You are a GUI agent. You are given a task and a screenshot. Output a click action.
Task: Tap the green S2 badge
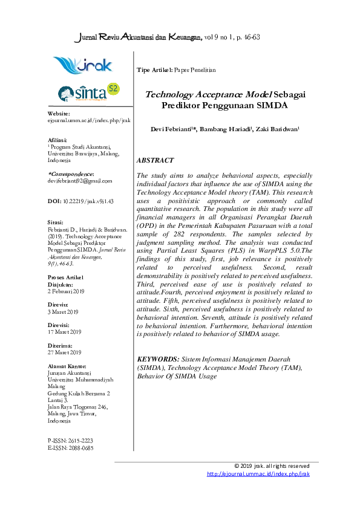(113, 89)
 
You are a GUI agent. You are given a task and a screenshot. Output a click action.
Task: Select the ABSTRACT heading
(155, 161)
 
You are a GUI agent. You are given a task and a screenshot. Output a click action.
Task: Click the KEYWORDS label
(159, 359)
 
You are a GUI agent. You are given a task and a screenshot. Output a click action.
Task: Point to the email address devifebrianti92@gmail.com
(79, 181)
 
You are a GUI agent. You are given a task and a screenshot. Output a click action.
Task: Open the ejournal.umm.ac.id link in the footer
(258, 474)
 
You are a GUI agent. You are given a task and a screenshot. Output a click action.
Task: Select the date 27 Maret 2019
(64, 352)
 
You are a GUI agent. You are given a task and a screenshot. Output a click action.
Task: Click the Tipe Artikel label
(154, 71)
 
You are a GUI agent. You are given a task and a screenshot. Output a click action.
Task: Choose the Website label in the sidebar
(59, 114)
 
